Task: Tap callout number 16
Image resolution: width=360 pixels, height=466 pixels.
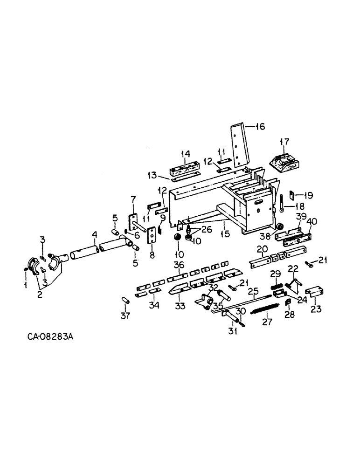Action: (260, 126)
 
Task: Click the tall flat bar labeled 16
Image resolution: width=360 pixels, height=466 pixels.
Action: (238, 144)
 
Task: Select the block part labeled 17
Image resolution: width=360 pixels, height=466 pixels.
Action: (284, 162)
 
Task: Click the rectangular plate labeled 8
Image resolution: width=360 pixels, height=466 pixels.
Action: (151, 237)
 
